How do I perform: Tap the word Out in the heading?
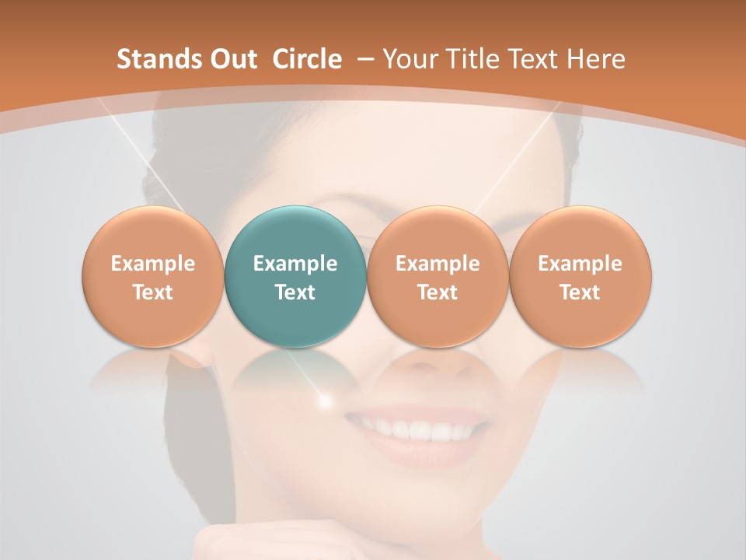(x=231, y=59)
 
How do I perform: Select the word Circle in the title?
(x=307, y=59)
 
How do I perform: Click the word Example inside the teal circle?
(x=295, y=264)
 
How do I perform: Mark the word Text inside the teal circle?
(x=295, y=292)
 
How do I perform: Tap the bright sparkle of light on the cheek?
(x=326, y=401)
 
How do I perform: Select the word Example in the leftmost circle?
(x=152, y=264)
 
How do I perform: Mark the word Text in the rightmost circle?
(x=580, y=292)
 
